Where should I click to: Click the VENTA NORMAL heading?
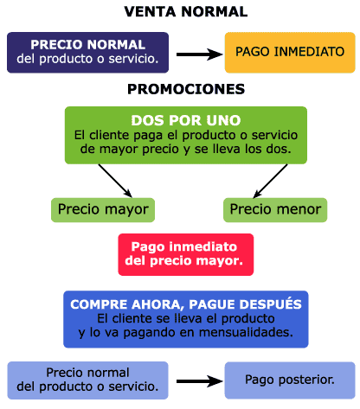coord(186,12)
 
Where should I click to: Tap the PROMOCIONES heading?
coord(186,89)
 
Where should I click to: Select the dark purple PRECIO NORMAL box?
coord(87,53)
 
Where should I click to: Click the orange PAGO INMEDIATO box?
coord(290,53)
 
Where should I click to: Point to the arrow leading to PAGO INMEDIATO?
coord(200,54)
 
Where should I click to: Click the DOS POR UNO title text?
coord(186,120)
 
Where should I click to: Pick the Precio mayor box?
coord(103,210)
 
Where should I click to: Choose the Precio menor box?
coord(275,210)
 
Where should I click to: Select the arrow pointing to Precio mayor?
coord(115,181)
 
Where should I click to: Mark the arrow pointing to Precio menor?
coord(270,181)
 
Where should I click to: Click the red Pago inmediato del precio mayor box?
coord(186,254)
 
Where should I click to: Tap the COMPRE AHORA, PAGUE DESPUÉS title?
coord(186,304)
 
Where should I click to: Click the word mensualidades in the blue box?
coord(246,332)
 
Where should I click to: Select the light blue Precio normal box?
coord(87,380)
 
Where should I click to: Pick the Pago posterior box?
coord(290,380)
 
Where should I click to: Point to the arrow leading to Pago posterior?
coord(200,381)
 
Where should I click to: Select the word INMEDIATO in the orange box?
coord(309,52)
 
